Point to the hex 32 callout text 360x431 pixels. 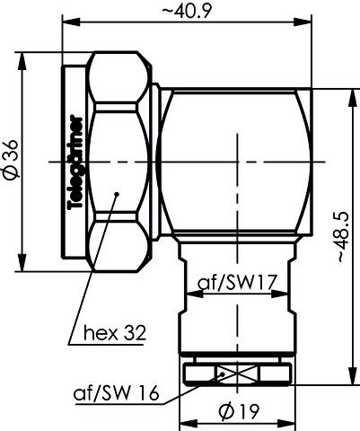coord(111,332)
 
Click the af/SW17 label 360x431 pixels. coord(235,284)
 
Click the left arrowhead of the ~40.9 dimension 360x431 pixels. coord(66,23)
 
